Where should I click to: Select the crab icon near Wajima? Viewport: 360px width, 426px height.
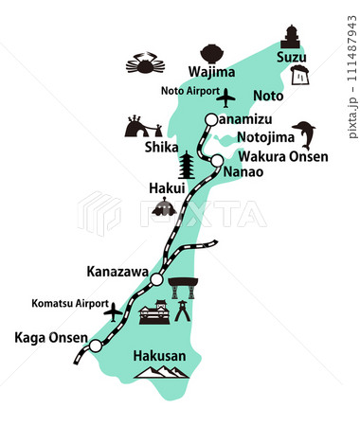[x=146, y=65]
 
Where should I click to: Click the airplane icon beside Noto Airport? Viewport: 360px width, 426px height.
[x=226, y=98]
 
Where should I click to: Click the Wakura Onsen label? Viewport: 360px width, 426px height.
[x=282, y=157]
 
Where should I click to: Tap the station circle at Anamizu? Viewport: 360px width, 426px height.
[x=212, y=120]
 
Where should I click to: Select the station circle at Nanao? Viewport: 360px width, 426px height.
[x=217, y=160]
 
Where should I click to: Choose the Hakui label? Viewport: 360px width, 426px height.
[x=165, y=188]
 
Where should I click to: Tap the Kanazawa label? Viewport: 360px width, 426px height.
[x=117, y=272]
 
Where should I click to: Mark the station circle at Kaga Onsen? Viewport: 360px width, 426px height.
[x=94, y=347]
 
